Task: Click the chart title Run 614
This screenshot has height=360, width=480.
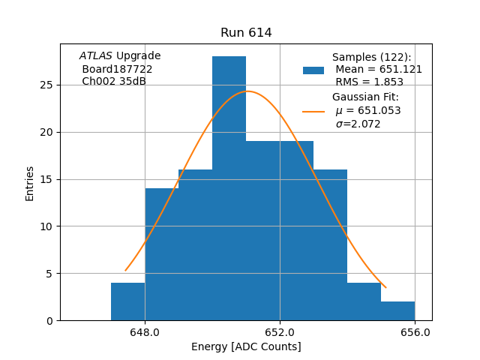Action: pos(246,33)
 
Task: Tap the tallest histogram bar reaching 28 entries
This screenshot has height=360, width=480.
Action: pos(229,187)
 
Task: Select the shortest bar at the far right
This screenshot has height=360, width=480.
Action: pos(397,310)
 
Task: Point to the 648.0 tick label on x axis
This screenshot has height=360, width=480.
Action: pos(145,332)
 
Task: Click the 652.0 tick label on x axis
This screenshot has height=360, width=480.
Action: pos(280,332)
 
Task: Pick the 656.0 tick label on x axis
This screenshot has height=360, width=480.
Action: pos(415,332)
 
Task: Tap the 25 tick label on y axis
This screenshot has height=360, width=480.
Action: pos(46,85)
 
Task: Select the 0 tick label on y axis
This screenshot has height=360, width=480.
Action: pos(49,320)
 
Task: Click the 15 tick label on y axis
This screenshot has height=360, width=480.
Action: pos(46,179)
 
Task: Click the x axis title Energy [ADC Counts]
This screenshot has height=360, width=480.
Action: pos(246,346)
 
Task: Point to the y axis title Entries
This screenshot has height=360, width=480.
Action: pos(30,183)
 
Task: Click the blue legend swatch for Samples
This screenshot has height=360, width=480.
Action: pos(313,70)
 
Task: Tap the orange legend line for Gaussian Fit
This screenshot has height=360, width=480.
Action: pos(313,111)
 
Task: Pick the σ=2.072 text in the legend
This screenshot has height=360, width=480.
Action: pos(358,124)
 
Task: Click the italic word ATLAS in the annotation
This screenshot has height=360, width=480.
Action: pos(96,56)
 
